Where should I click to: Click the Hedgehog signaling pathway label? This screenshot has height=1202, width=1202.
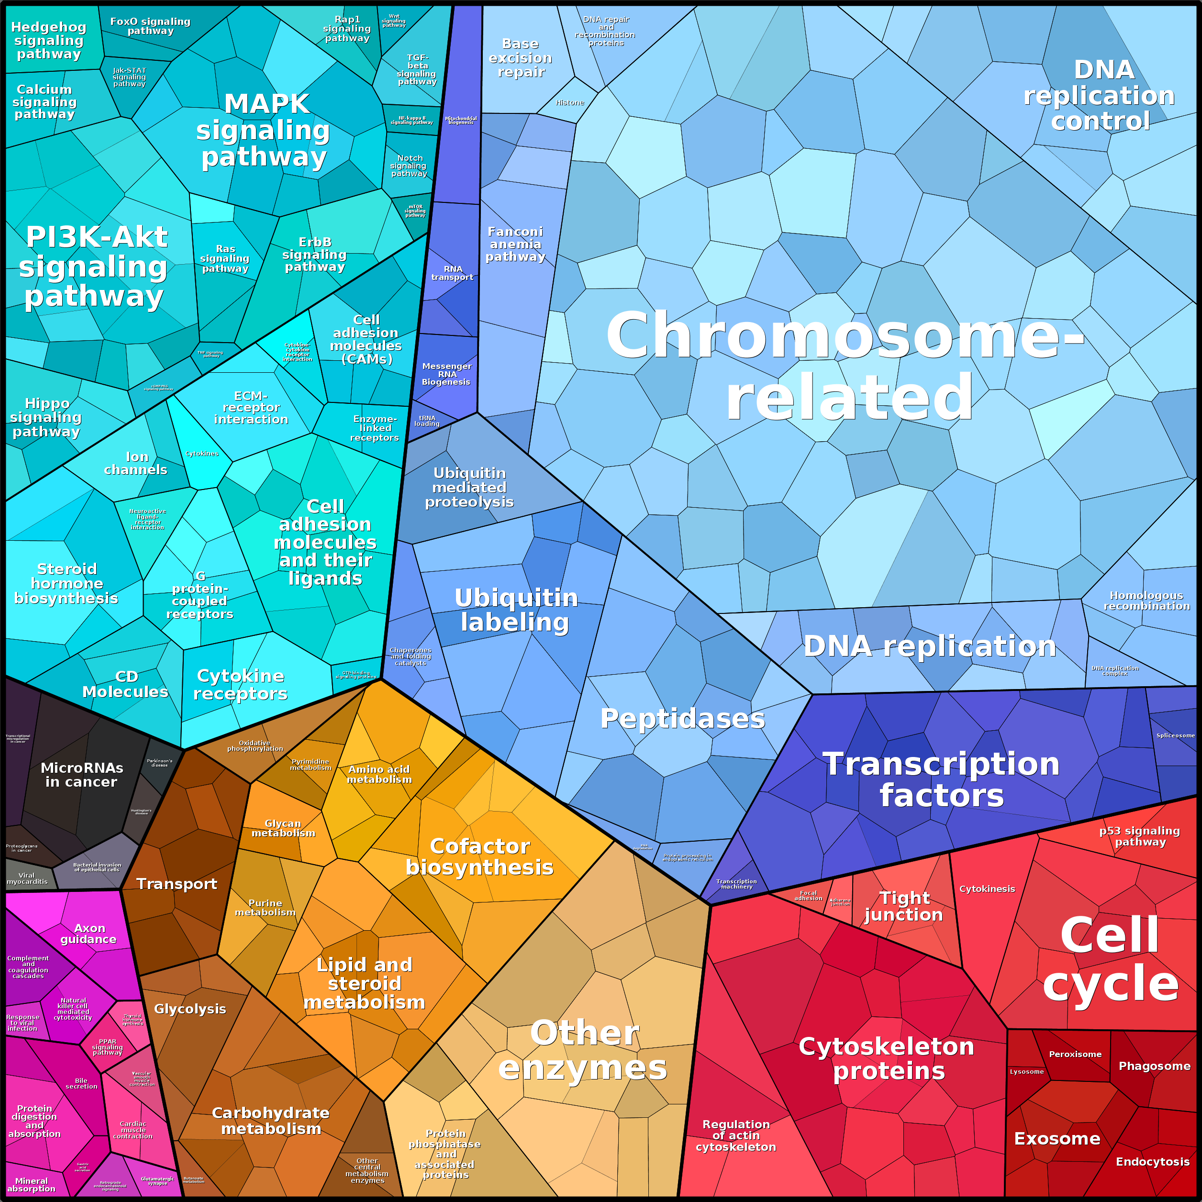(x=48, y=41)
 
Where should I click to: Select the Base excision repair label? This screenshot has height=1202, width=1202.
(x=521, y=58)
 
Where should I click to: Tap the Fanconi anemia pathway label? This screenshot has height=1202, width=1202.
(x=515, y=244)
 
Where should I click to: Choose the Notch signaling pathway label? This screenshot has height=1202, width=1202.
(x=409, y=166)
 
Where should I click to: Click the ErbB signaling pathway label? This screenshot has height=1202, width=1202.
(x=314, y=255)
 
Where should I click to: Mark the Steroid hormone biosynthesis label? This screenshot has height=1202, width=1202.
(x=66, y=584)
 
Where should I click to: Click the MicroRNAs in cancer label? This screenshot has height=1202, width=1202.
(x=81, y=775)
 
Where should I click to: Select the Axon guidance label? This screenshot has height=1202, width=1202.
(x=89, y=934)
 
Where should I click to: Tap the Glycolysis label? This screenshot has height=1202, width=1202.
(x=190, y=1009)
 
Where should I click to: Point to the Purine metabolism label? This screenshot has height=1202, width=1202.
(x=265, y=908)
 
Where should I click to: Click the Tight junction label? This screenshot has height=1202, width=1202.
(x=904, y=906)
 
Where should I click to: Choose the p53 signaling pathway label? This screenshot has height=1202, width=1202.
(x=1140, y=836)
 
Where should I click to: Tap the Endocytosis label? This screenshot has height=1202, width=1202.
(x=1153, y=1161)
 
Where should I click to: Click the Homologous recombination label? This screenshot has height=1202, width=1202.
(x=1146, y=601)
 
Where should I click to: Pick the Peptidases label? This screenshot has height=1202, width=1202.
(x=682, y=719)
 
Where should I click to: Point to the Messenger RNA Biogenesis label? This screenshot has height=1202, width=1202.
(x=447, y=374)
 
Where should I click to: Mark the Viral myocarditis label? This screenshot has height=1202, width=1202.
(x=27, y=879)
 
